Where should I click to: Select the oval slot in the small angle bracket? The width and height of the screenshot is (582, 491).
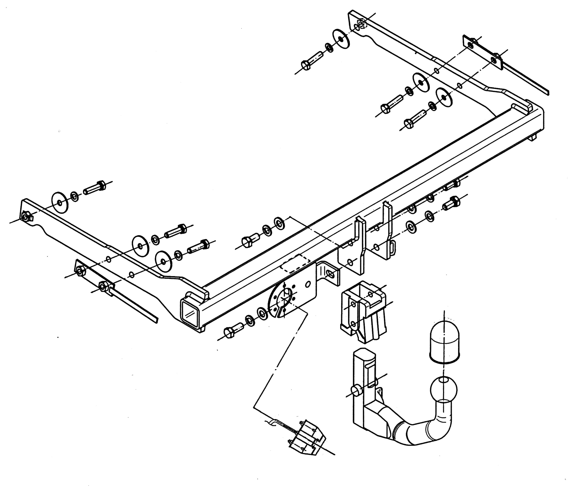[x=332, y=274]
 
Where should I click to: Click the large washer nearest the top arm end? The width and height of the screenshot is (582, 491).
[x=341, y=39]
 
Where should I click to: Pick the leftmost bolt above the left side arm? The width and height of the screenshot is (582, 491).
[x=95, y=188]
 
